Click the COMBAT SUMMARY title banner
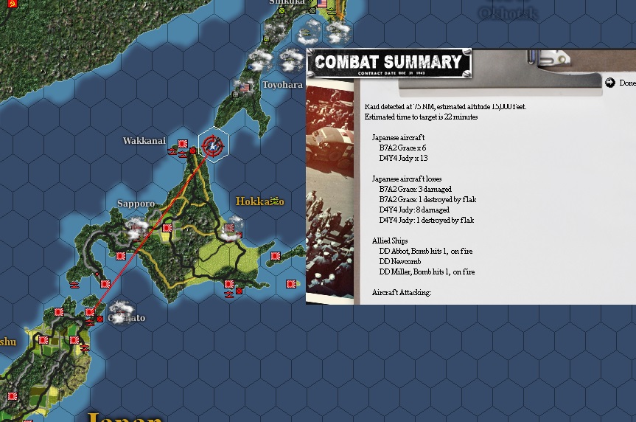(x=388, y=62)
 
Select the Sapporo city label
(x=136, y=203)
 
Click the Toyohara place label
(x=282, y=85)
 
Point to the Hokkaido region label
(x=259, y=201)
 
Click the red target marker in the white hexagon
(x=213, y=145)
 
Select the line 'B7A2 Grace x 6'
(x=402, y=148)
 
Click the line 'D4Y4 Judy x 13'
(x=403, y=159)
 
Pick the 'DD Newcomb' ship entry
(x=400, y=262)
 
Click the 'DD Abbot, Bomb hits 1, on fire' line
(x=426, y=252)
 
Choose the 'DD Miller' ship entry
(x=427, y=272)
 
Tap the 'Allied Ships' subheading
(x=390, y=241)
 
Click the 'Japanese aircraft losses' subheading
(x=408, y=179)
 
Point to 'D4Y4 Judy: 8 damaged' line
(x=414, y=210)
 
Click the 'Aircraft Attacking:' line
(x=402, y=293)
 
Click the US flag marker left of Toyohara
(x=245, y=87)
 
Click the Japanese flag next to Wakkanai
(x=182, y=142)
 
